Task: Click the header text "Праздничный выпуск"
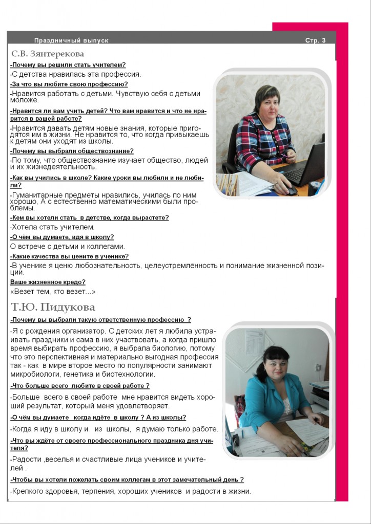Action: click(71, 40)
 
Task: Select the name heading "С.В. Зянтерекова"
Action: click(48, 54)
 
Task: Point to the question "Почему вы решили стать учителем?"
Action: click(68, 65)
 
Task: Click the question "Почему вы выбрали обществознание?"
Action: click(72, 151)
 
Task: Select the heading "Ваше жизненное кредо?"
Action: click(48, 282)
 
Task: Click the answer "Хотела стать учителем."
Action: click(52, 227)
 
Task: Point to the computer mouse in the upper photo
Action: click(291, 191)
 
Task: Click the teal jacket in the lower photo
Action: click(272, 397)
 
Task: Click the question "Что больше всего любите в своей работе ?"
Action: click(80, 386)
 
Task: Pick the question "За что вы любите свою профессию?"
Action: click(69, 84)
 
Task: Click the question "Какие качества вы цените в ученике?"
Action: click(69, 256)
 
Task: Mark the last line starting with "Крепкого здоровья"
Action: click(131, 492)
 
